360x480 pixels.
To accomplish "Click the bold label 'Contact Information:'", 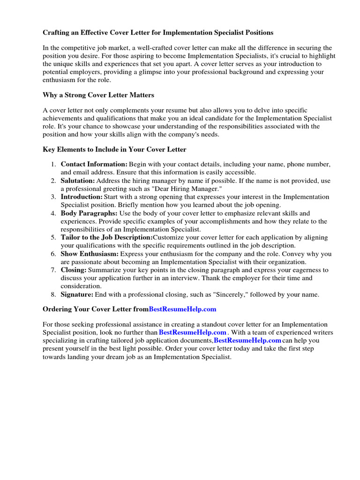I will point(94,165).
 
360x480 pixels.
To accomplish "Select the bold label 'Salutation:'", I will point(78,180).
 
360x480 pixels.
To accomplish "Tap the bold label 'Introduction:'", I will point(82,197).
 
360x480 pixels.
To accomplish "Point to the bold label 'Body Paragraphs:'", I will point(89,213).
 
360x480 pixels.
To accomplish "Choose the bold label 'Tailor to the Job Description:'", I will point(106,238).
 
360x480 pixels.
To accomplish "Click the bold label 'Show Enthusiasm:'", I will point(90,254).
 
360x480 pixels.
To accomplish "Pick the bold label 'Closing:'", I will point(74,270).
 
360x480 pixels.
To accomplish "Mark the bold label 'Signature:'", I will point(77,295).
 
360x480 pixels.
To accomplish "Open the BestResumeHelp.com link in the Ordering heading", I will point(182,309).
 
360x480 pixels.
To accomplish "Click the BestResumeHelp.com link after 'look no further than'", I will point(193,332).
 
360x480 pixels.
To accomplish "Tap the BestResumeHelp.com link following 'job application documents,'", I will point(247,340).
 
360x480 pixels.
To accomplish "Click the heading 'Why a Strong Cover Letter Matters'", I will point(98,95).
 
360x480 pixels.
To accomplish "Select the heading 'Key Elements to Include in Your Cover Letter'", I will point(114,150).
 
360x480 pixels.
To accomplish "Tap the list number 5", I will point(53,238).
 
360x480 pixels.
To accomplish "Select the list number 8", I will point(53,295).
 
